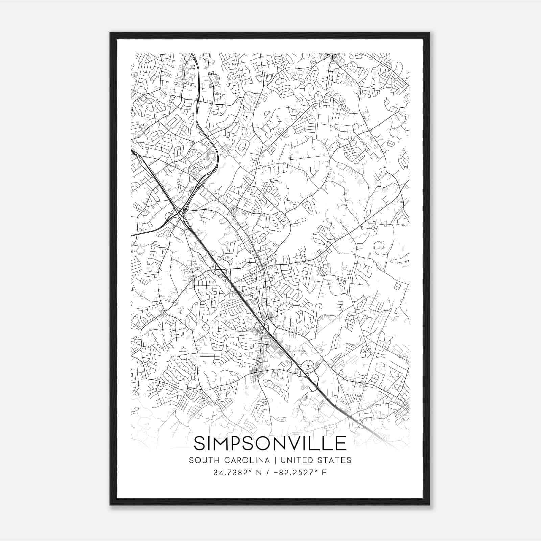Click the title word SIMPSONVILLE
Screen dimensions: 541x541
[270, 443]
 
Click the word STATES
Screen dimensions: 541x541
[337, 460]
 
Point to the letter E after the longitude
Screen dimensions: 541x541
[325, 473]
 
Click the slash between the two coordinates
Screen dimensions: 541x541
[267, 473]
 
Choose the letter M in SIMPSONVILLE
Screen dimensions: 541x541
[217, 443]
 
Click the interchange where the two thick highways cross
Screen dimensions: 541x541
[178, 212]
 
